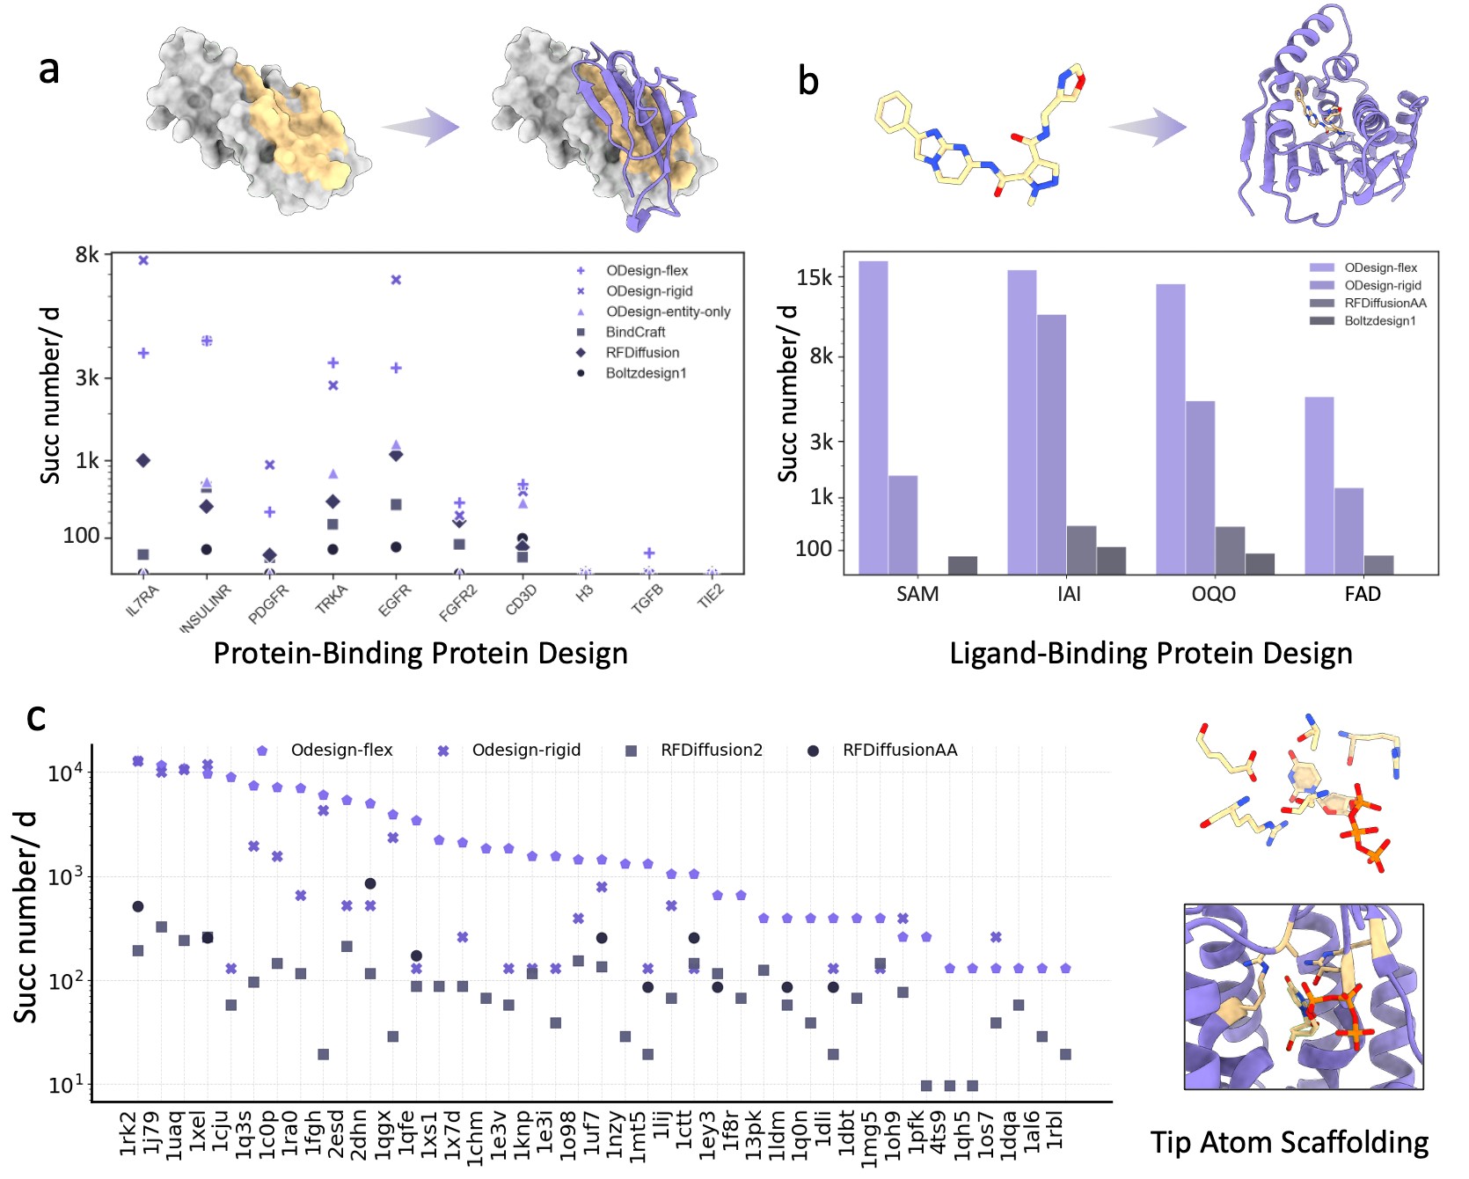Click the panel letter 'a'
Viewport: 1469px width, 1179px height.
point(49,69)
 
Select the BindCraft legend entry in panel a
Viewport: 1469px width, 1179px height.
point(635,332)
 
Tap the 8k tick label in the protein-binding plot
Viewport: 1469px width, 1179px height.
point(87,255)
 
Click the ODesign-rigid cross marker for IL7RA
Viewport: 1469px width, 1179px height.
point(143,260)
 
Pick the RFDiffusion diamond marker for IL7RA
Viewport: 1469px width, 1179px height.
point(143,460)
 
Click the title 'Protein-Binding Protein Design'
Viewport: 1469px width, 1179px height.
point(420,653)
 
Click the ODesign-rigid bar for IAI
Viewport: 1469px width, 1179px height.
point(1051,444)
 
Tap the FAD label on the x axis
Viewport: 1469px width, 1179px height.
point(1363,594)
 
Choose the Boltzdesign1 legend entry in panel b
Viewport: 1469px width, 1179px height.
point(1380,320)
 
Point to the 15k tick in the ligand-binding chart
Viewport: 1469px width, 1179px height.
point(814,278)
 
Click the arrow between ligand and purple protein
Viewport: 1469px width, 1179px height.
point(1148,127)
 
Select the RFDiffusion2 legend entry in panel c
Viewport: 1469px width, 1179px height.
point(711,751)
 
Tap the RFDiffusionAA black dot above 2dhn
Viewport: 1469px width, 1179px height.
point(370,883)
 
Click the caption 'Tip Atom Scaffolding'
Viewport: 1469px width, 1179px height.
point(1290,1142)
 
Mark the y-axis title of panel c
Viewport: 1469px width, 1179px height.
point(26,917)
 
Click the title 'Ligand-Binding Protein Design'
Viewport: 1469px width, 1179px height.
point(1151,653)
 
